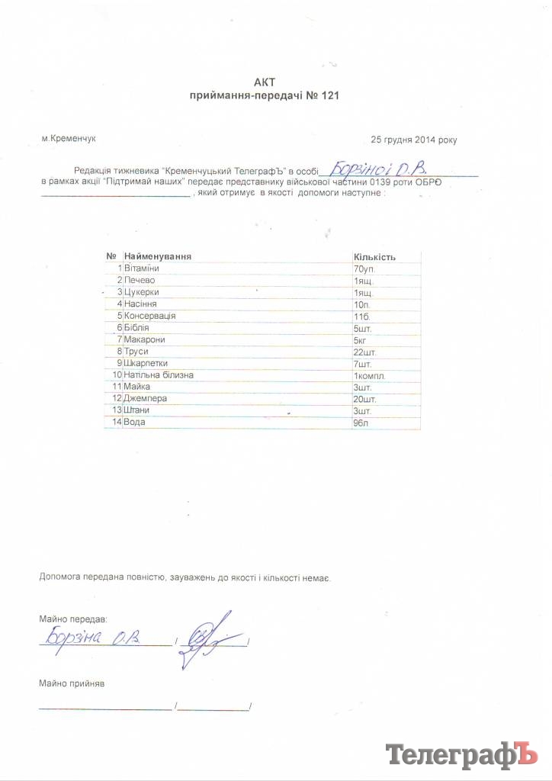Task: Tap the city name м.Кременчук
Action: pos(70,139)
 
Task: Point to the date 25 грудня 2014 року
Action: pos(414,140)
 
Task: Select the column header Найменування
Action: pos(157,256)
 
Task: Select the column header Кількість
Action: pos(375,257)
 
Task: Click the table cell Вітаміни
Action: pos(141,269)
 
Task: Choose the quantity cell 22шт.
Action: pos(366,351)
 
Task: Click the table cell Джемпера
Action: pos(146,398)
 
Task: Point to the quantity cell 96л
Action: pos(361,422)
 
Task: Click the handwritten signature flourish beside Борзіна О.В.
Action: pos(210,637)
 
